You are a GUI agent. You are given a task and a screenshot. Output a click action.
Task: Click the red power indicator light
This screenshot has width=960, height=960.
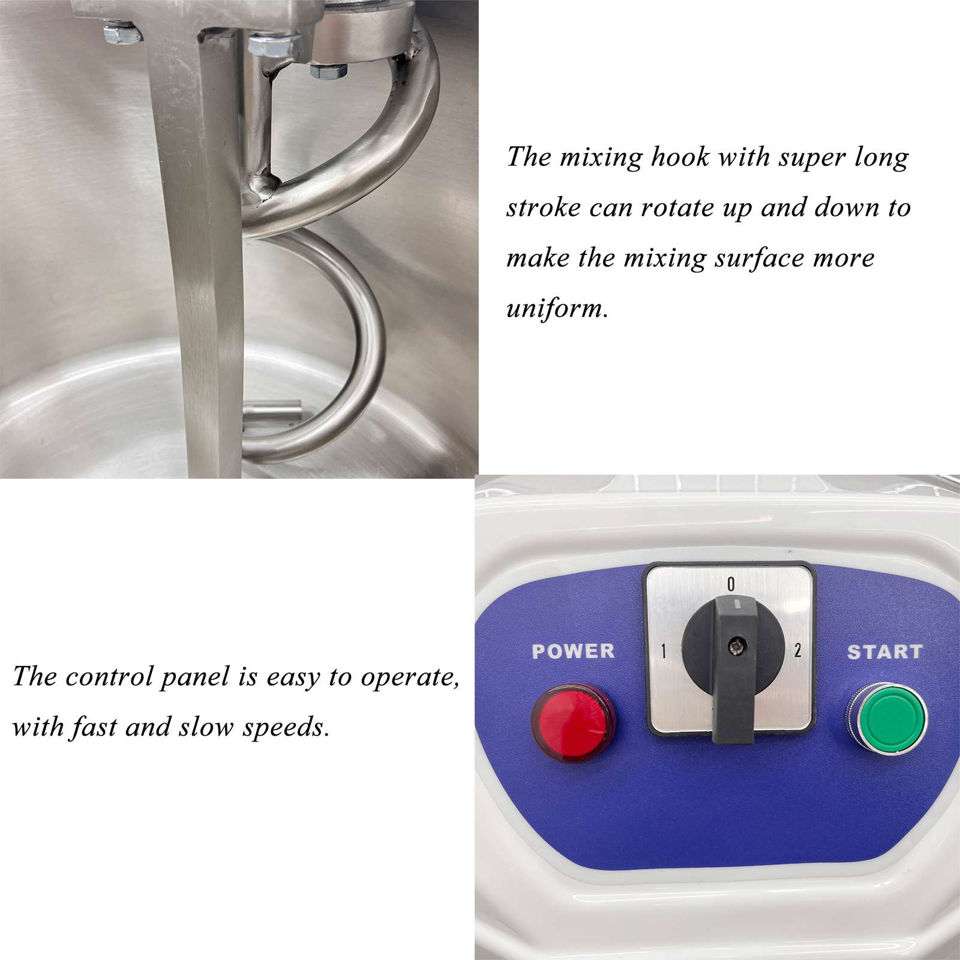[574, 723]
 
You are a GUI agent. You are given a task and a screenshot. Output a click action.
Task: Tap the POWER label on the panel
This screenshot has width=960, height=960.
[574, 651]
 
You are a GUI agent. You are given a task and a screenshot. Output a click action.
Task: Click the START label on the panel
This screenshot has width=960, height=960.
[885, 652]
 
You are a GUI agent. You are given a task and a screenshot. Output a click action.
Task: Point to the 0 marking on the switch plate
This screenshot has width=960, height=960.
[731, 584]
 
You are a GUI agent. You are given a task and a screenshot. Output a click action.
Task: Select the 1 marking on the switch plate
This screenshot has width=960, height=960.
[664, 650]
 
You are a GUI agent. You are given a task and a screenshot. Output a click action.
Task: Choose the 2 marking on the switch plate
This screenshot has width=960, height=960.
[797, 650]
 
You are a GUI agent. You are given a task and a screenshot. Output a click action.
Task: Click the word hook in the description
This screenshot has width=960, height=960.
[680, 157]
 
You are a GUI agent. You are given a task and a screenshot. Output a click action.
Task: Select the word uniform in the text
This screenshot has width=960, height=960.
[557, 309]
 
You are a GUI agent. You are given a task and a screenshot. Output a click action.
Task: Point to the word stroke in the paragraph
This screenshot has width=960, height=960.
[544, 208]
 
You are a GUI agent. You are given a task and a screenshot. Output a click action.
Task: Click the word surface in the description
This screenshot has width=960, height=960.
[759, 259]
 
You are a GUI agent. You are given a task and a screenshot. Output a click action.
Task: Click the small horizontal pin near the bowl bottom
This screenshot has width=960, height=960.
[272, 412]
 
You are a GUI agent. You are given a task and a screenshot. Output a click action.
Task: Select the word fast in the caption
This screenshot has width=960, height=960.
[94, 727]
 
